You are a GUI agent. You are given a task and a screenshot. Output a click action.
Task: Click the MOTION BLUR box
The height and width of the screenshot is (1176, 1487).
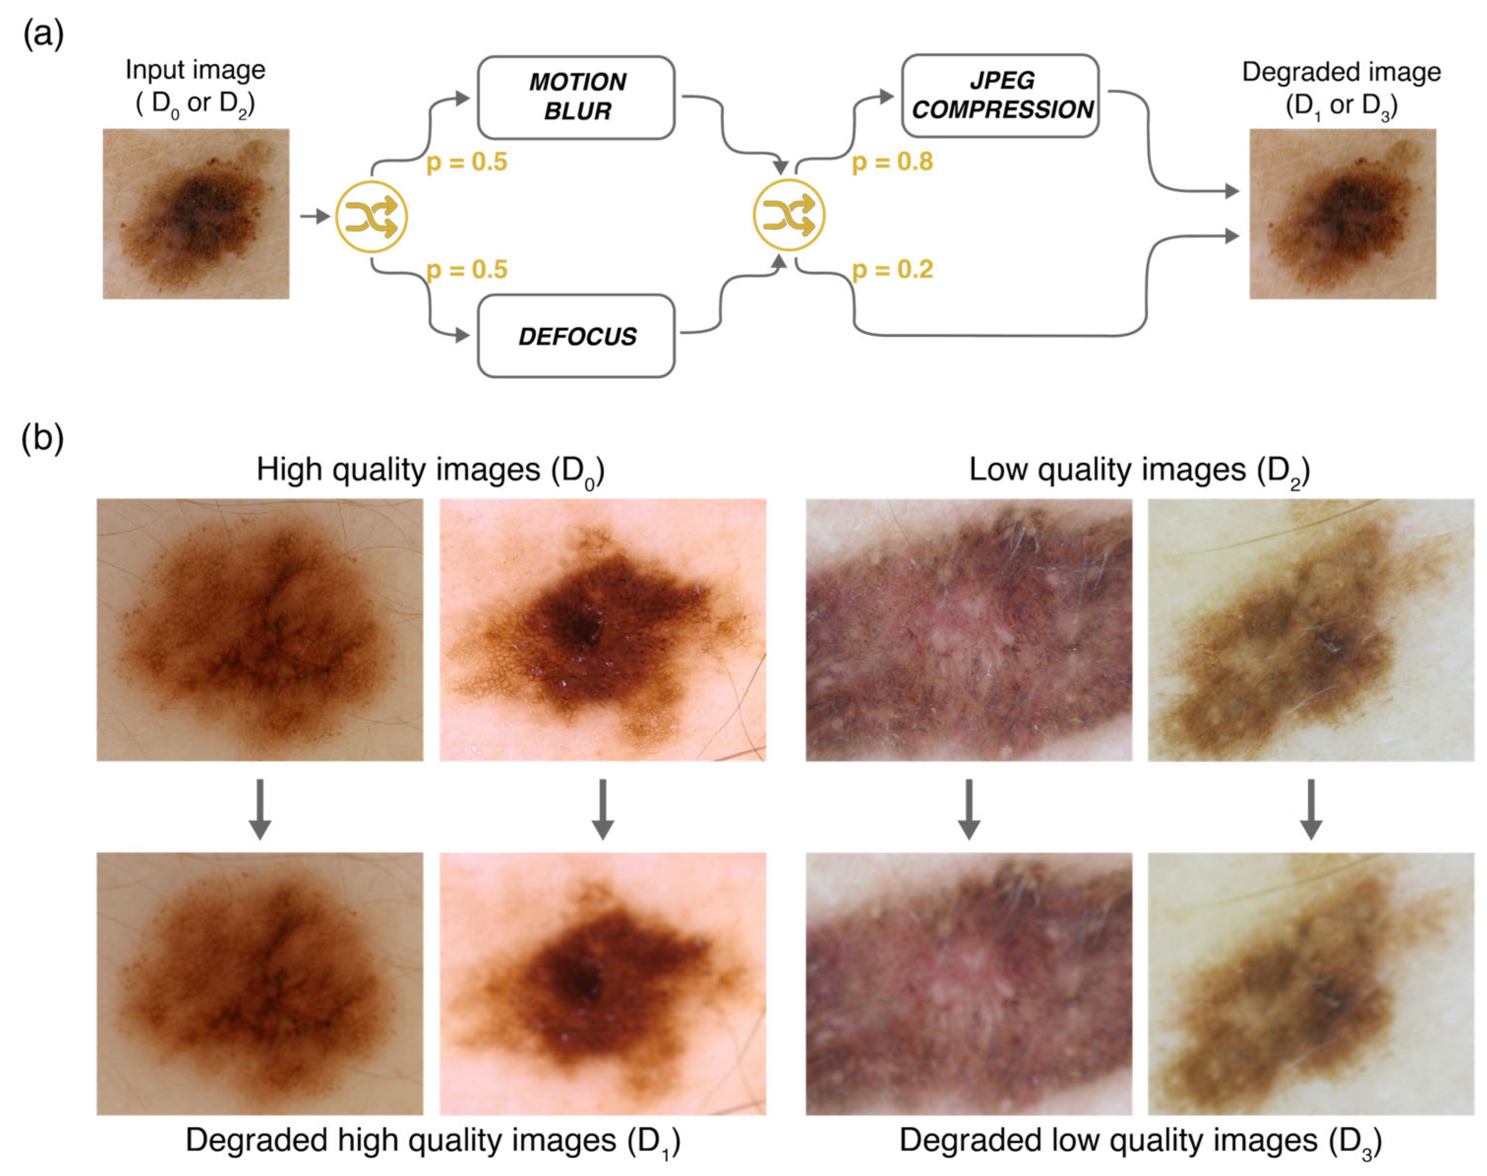point(576,97)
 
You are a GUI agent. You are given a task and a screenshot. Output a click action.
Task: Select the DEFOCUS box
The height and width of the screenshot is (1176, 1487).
point(576,336)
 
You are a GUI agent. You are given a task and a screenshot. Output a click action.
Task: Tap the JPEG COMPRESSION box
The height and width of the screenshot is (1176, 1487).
point(1001,96)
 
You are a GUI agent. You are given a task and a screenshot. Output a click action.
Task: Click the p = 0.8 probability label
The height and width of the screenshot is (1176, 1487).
point(893,162)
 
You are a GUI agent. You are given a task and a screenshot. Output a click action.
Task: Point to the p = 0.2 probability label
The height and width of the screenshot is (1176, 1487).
point(893,269)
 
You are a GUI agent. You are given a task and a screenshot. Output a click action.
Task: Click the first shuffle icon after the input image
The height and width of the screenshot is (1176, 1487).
point(371,217)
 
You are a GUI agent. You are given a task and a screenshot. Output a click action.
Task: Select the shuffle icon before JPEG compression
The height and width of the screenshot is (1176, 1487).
point(789,215)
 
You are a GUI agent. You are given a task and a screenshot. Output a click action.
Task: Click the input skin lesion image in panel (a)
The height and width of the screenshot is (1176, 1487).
point(196,214)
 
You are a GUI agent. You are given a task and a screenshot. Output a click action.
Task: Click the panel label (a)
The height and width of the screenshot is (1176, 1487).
point(43,34)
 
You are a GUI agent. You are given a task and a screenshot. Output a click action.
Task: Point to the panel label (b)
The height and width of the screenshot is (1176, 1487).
point(43,439)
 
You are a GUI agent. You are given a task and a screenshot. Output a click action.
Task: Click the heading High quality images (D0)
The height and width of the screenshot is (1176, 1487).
point(430,471)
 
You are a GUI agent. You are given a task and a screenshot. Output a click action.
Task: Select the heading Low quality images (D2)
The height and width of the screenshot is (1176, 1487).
point(1140,471)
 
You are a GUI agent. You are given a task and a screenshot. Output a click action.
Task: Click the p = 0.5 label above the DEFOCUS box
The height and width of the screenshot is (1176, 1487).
point(467,269)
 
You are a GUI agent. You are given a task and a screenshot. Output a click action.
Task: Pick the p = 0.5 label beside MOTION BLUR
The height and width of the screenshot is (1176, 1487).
point(467,162)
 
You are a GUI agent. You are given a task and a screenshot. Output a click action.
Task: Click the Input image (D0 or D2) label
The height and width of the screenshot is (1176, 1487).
point(196,87)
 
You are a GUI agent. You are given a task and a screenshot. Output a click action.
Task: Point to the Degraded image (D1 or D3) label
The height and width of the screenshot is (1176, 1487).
point(1342,90)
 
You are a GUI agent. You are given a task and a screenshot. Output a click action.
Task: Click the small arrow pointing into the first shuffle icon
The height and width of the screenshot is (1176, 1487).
point(315,216)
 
